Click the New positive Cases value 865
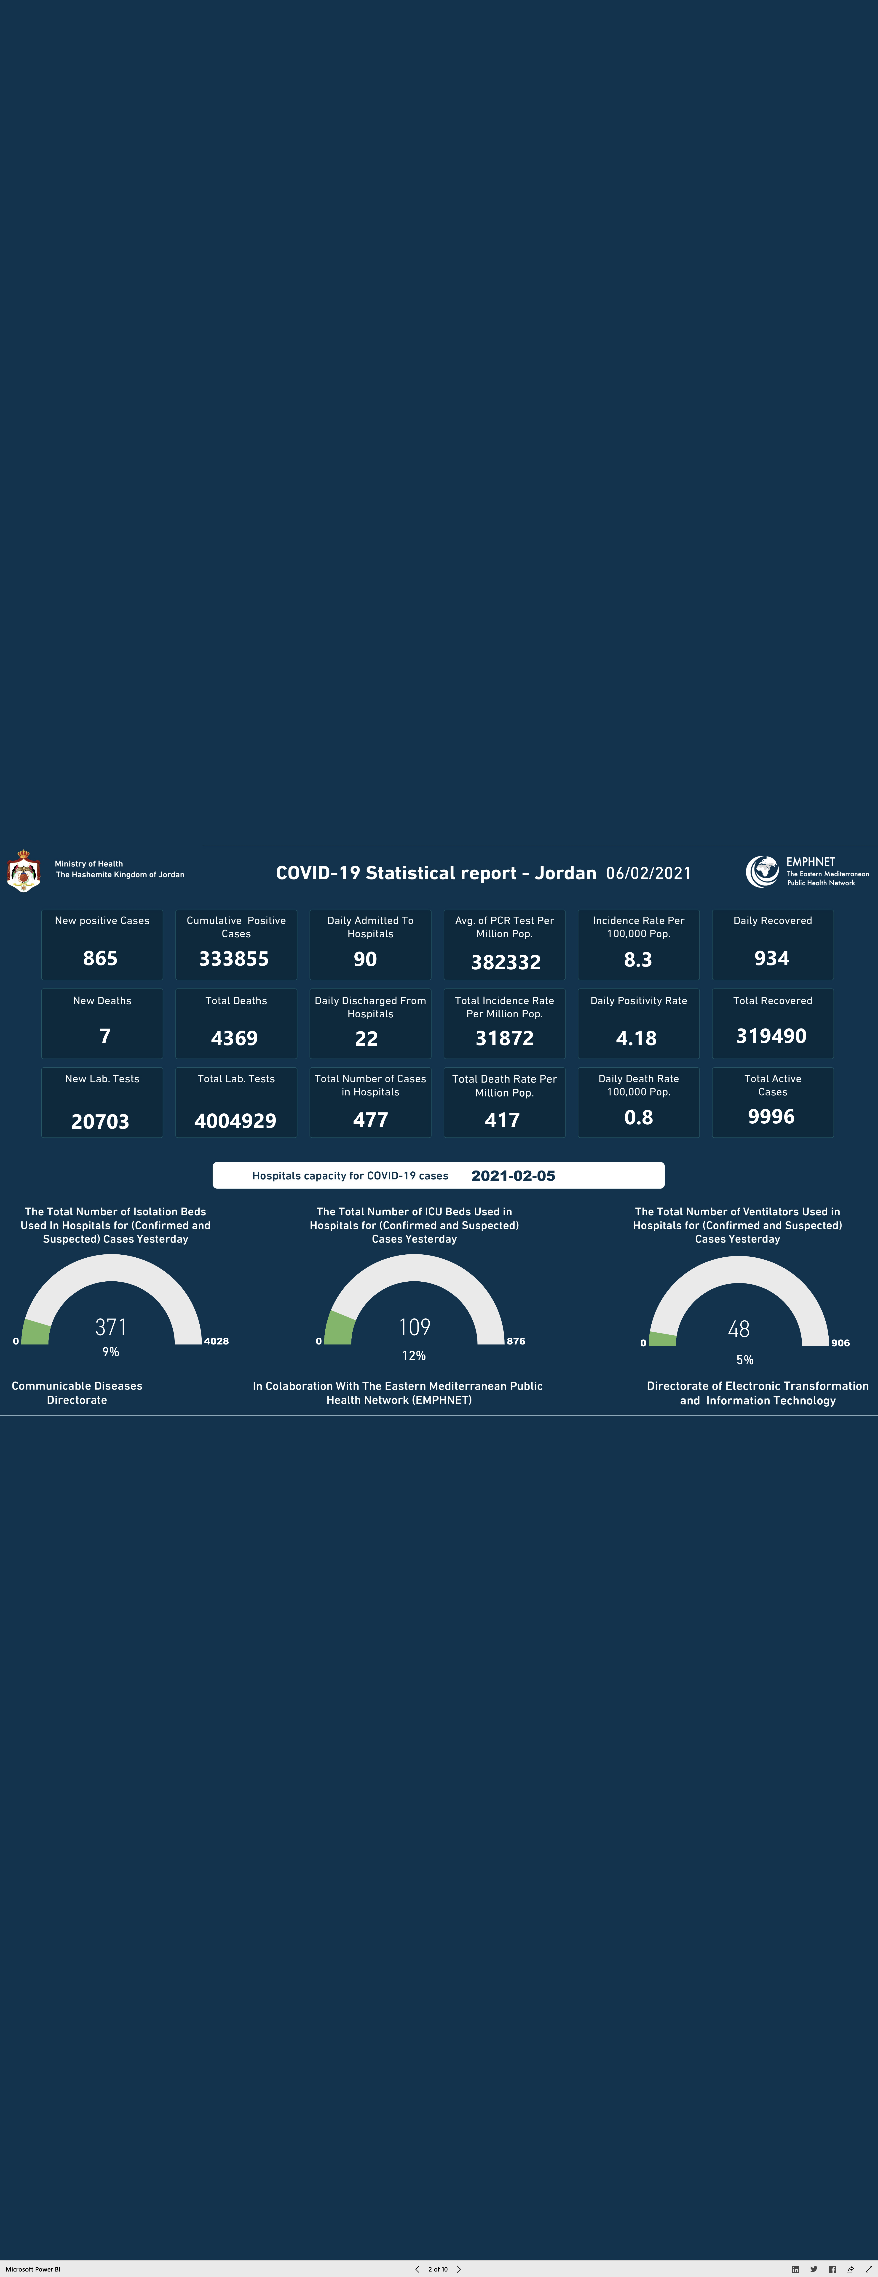click(100, 958)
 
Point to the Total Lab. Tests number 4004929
click(235, 1121)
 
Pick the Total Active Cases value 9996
click(771, 1116)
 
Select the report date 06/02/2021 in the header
click(648, 873)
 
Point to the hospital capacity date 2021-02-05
click(513, 1176)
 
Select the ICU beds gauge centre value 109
click(415, 1327)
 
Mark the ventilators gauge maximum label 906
click(840, 1343)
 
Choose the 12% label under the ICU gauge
click(414, 1355)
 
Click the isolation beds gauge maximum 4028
click(217, 1341)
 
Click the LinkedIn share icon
click(796, 2269)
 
